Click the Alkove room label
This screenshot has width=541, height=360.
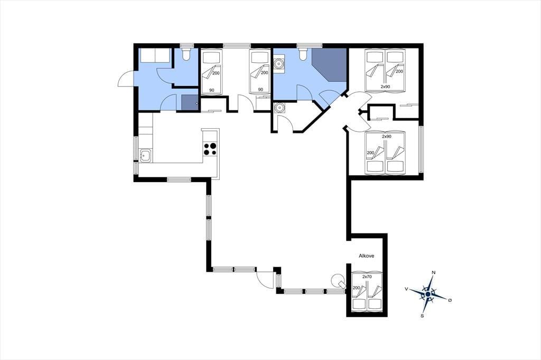pyautogui.click(x=367, y=256)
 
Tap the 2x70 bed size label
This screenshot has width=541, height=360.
pyautogui.click(x=367, y=277)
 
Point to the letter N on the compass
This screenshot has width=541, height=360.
pyautogui.click(x=434, y=273)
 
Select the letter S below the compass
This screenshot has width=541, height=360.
pyautogui.click(x=422, y=316)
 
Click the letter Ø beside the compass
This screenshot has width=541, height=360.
pyautogui.click(x=450, y=300)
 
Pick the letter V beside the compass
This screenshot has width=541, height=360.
pyautogui.click(x=407, y=289)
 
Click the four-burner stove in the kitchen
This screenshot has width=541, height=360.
pyautogui.click(x=210, y=149)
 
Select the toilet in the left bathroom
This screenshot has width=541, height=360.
pyautogui.click(x=186, y=54)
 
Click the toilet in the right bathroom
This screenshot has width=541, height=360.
pyautogui.click(x=303, y=54)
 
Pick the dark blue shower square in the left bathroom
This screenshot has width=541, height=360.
pyautogui.click(x=190, y=103)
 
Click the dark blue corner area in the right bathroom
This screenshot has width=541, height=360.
pyautogui.click(x=330, y=64)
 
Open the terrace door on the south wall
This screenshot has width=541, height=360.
pyautogui.click(x=265, y=279)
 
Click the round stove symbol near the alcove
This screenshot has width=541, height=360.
pyautogui.click(x=337, y=279)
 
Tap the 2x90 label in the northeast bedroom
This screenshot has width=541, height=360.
pyautogui.click(x=385, y=87)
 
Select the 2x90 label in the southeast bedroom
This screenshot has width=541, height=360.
pyautogui.click(x=386, y=137)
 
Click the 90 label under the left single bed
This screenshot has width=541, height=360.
pyautogui.click(x=211, y=90)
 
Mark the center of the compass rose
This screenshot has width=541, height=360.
pyautogui.click(x=428, y=294)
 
